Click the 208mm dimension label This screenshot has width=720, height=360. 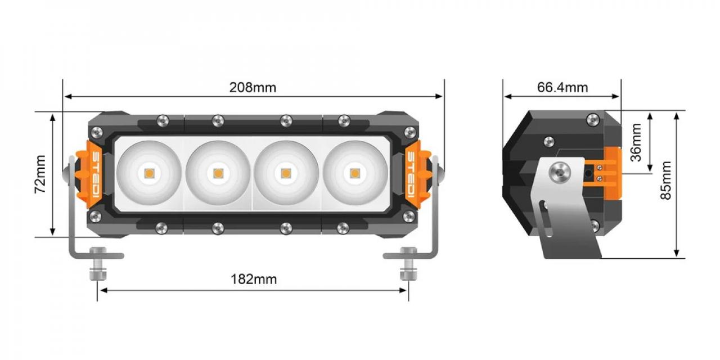[253, 87]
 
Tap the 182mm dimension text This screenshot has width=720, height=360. [254, 279]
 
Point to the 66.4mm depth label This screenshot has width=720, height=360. [562, 87]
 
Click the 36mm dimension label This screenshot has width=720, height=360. [636, 143]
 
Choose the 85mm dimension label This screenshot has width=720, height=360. [666, 180]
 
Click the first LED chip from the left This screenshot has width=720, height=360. [149, 173]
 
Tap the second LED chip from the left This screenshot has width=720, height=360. [218, 173]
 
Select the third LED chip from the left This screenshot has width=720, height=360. [286, 173]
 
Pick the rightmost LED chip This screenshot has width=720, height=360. [354, 173]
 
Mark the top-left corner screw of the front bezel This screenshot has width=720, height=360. [96, 132]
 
